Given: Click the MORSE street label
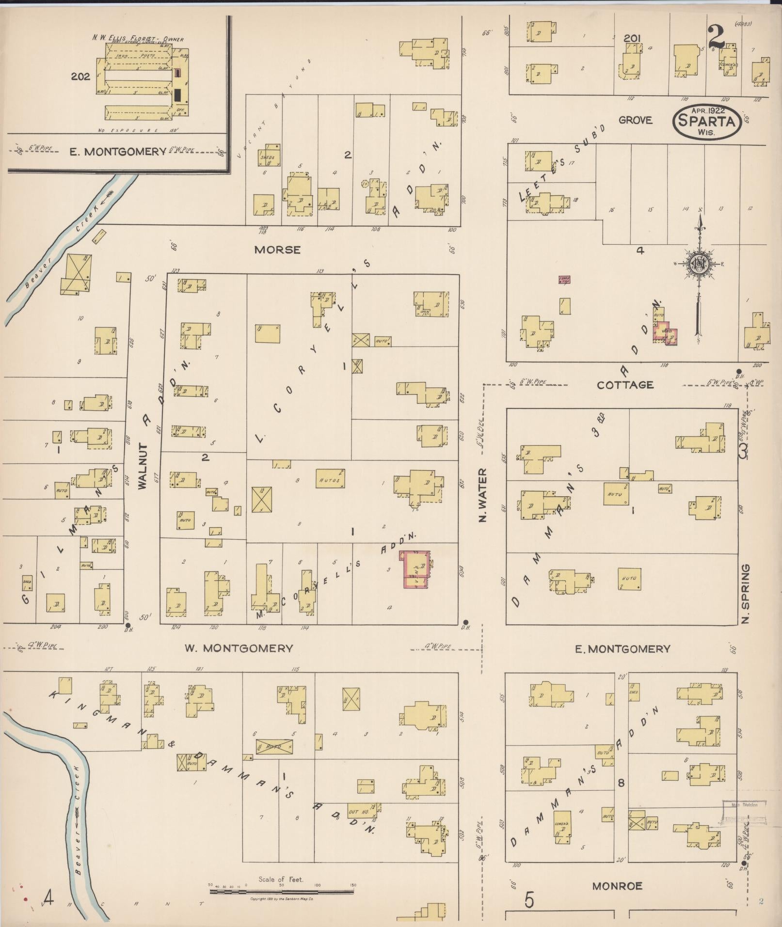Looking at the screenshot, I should click(x=277, y=250).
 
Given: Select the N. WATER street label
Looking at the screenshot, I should click(x=482, y=495).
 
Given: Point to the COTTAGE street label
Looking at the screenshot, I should click(x=625, y=385).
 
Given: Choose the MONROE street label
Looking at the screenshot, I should click(x=617, y=886).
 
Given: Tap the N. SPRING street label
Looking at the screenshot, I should click(x=745, y=593).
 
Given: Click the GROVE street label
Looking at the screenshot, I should click(x=635, y=120).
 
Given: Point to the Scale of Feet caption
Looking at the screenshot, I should click(x=281, y=879).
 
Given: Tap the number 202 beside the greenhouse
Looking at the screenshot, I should click(x=80, y=76).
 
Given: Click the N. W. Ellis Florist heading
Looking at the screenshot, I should click(x=138, y=38).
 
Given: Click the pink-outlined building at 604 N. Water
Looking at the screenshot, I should click(x=415, y=569).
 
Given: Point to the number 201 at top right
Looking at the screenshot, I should click(x=633, y=38).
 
